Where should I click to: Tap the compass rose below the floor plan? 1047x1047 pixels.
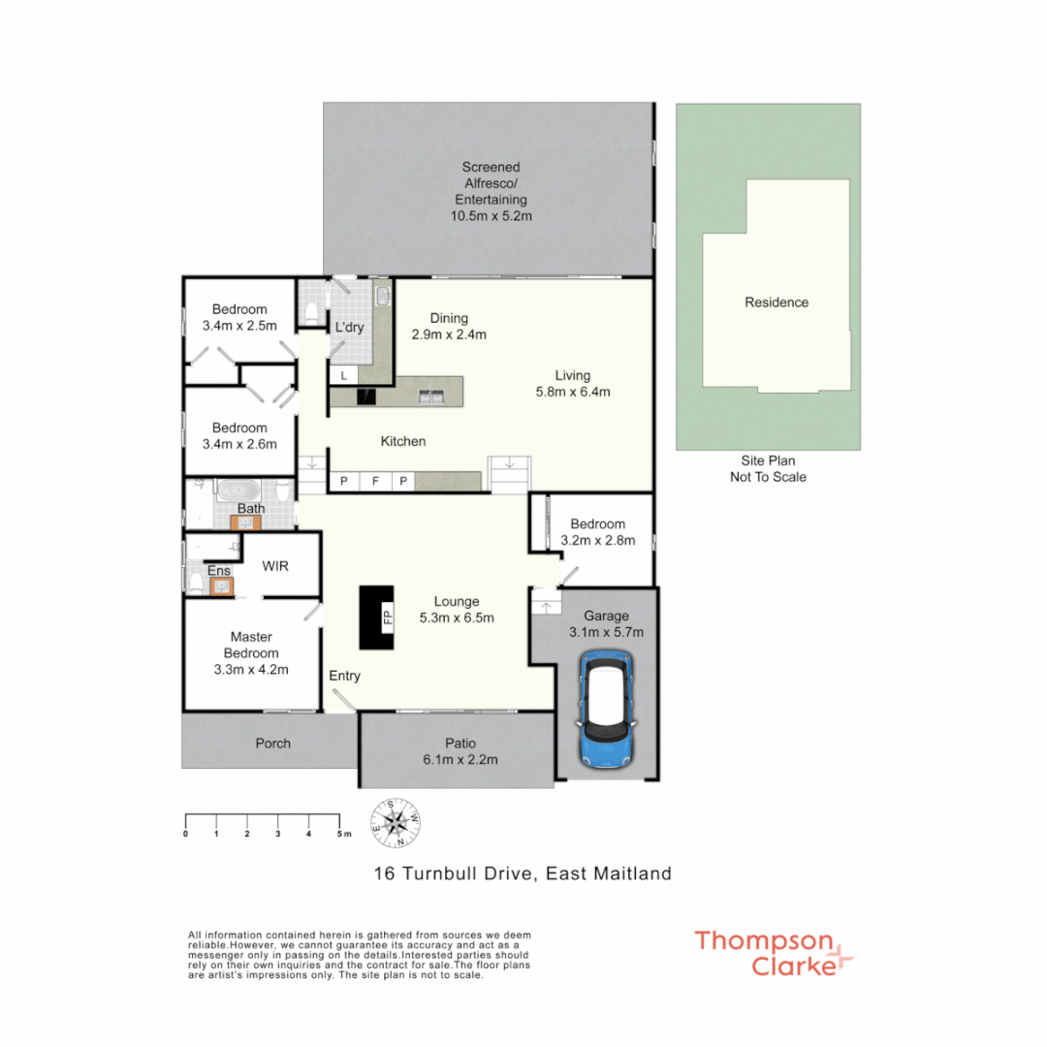pos(396,822)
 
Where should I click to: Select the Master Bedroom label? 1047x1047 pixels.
pos(252,645)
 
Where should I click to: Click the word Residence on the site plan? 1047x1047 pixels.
pos(776,302)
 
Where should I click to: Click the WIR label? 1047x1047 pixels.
pos(275,566)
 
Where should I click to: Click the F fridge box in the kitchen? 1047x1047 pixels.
pos(373,481)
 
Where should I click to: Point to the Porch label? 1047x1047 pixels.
pos(272,744)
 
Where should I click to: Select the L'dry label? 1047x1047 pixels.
pos(349,328)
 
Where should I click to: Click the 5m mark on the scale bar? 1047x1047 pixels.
pos(340,833)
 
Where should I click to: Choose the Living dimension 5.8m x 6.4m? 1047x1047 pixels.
pos(571,392)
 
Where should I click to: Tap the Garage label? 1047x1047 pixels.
pos(606,616)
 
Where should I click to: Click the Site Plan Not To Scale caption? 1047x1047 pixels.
pos(768,469)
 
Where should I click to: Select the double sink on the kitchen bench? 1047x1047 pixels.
pos(431,396)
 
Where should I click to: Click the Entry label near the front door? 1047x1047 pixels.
pos(344,676)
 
